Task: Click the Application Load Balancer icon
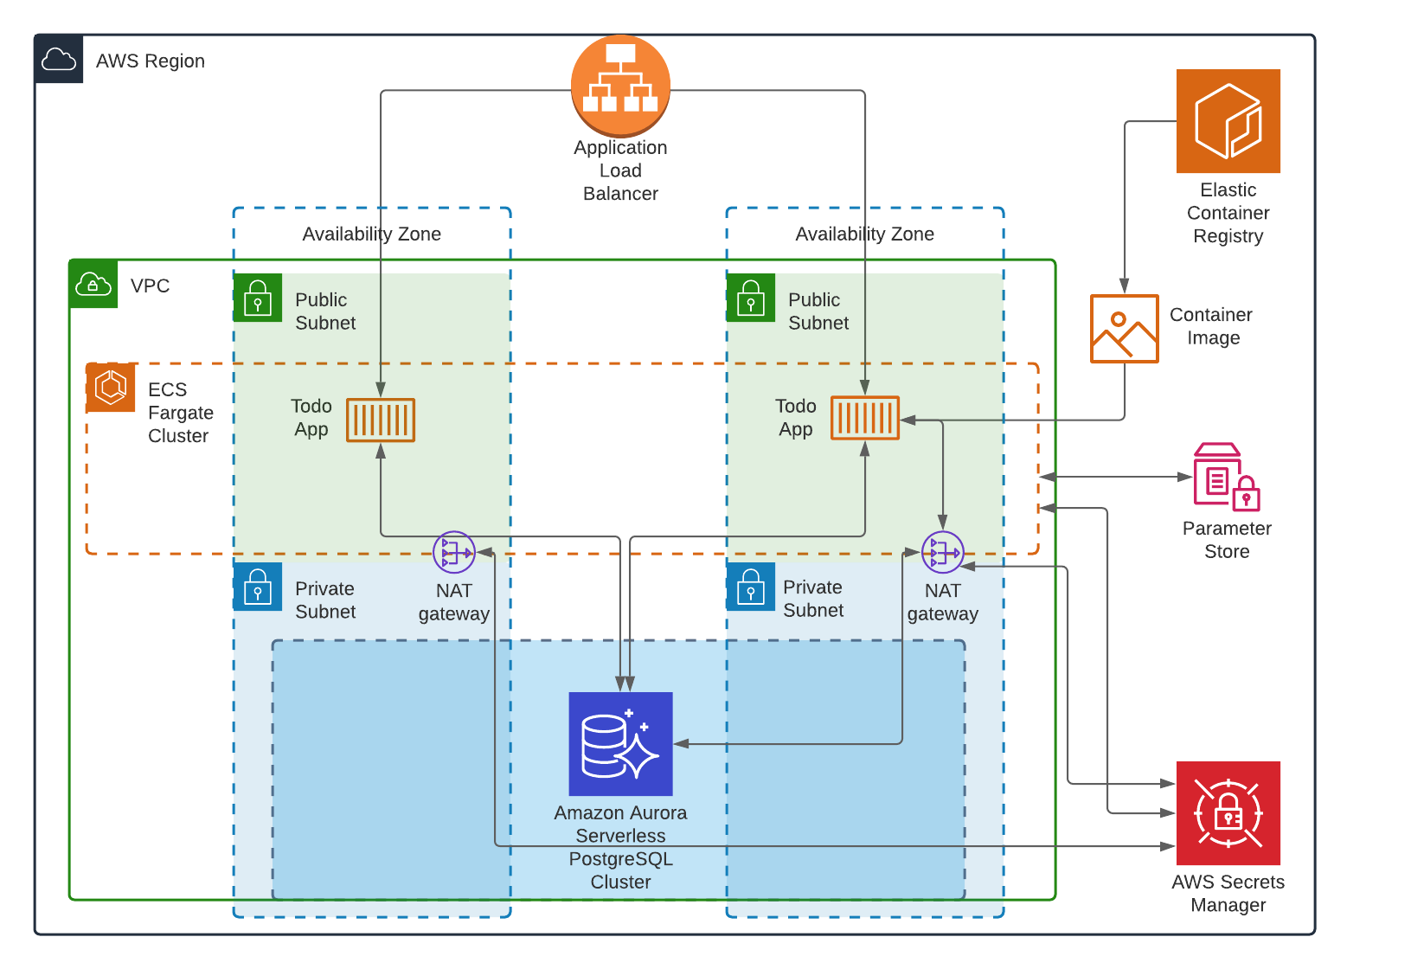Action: (x=620, y=86)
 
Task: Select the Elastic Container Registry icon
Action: (x=1228, y=121)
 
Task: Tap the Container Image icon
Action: (x=1124, y=329)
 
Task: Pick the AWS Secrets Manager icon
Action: (x=1228, y=813)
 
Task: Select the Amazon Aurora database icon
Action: (x=620, y=744)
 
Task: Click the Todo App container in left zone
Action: (x=381, y=420)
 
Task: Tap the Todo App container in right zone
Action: (x=865, y=419)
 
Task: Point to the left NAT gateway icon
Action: (x=454, y=552)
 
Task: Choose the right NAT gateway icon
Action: (x=942, y=552)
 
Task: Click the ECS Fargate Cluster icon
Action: (x=111, y=388)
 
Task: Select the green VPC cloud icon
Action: (x=93, y=284)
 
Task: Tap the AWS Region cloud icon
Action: (x=59, y=60)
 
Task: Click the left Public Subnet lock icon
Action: (x=258, y=298)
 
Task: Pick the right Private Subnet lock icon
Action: (x=750, y=587)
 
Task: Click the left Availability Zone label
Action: (x=371, y=234)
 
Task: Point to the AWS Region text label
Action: (x=151, y=61)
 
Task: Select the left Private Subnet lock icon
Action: (x=258, y=587)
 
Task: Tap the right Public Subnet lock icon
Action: (x=750, y=298)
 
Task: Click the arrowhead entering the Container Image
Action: (x=1124, y=286)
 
